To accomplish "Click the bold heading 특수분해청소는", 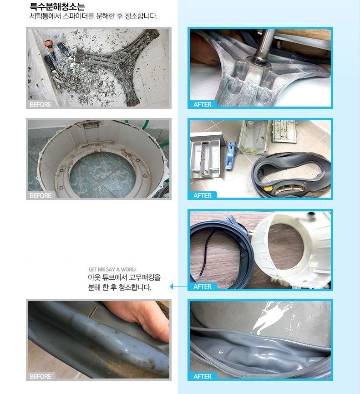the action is coord(57,6).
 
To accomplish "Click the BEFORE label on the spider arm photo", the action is coord(41,104).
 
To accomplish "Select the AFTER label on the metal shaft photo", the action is coord(203,104).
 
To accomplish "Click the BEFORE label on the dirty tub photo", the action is coord(41,195).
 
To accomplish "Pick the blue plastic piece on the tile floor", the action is coord(230,155).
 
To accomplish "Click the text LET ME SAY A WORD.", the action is coord(112,270).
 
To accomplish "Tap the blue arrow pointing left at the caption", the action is coord(179,286).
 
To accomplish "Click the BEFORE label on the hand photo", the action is coord(41,376).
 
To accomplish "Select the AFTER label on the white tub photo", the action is coord(203,287).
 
